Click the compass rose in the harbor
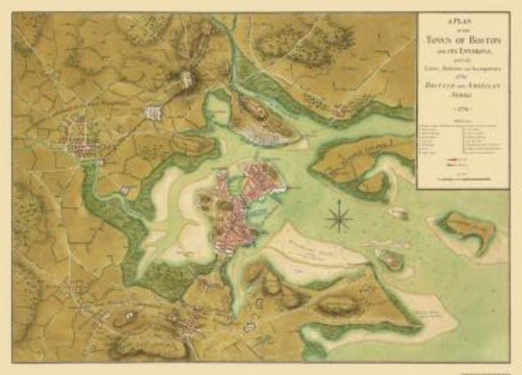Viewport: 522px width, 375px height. pyautogui.click(x=338, y=218)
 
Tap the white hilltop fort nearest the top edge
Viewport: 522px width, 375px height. pyautogui.click(x=187, y=79)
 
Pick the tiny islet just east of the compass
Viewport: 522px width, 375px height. pyautogui.click(x=397, y=213)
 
